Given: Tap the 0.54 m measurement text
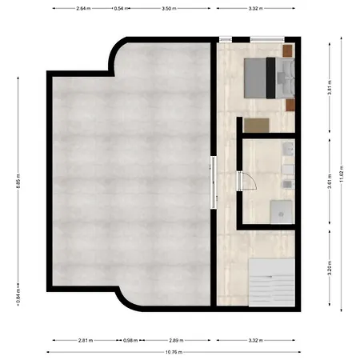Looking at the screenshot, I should coord(119,8).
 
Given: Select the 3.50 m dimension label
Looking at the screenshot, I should coord(167,8).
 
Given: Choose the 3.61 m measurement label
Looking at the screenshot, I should coord(330,182).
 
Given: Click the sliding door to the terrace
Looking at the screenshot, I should coord(214,182).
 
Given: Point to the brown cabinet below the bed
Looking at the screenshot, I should coord(257,125).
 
